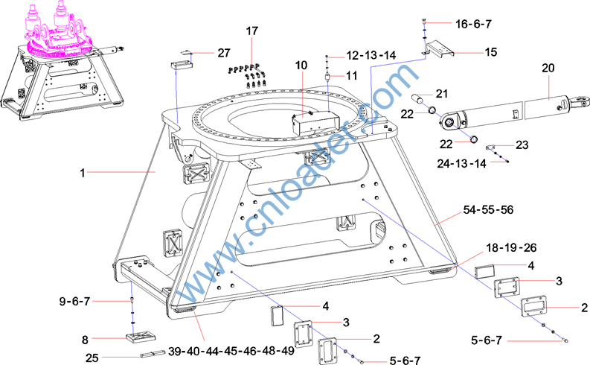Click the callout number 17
[x=252, y=31]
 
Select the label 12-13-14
[x=371, y=55]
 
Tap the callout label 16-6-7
[x=473, y=24]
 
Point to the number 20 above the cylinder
[x=548, y=68]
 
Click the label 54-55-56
[x=488, y=210]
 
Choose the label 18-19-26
[x=511, y=248]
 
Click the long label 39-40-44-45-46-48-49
[x=231, y=351]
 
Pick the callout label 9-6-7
[x=74, y=302]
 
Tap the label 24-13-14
[x=462, y=163]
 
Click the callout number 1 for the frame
[x=83, y=173]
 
